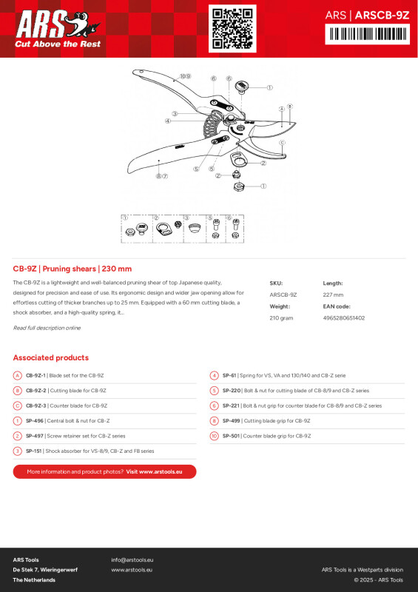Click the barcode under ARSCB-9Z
coord(367,34)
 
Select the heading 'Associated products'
coord(50,357)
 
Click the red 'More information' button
coord(104,471)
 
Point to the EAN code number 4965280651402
coord(344,318)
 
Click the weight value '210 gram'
coord(281,318)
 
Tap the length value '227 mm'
coord(334,295)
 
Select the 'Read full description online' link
coord(47,328)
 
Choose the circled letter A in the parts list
coord(17,376)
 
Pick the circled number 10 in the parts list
coord(214,436)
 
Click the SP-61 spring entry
coord(229,376)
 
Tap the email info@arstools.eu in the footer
coord(132,559)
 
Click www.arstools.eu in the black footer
coord(132,570)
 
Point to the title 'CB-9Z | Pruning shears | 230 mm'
coord(73,269)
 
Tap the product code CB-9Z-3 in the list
coord(36,406)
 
